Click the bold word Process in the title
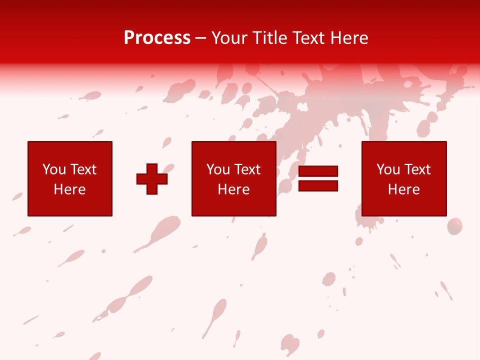[x=157, y=38]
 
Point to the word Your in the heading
[x=229, y=38]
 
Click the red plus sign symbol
[x=152, y=178]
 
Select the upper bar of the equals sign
[x=318, y=171]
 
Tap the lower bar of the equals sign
[x=318, y=185]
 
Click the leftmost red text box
[x=70, y=150]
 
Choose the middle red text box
[x=234, y=150]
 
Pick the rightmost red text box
[x=404, y=150]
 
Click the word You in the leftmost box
[x=54, y=169]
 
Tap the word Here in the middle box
[x=234, y=189]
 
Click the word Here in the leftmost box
[x=70, y=189]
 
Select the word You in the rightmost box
[x=388, y=169]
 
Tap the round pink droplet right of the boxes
[x=454, y=226]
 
